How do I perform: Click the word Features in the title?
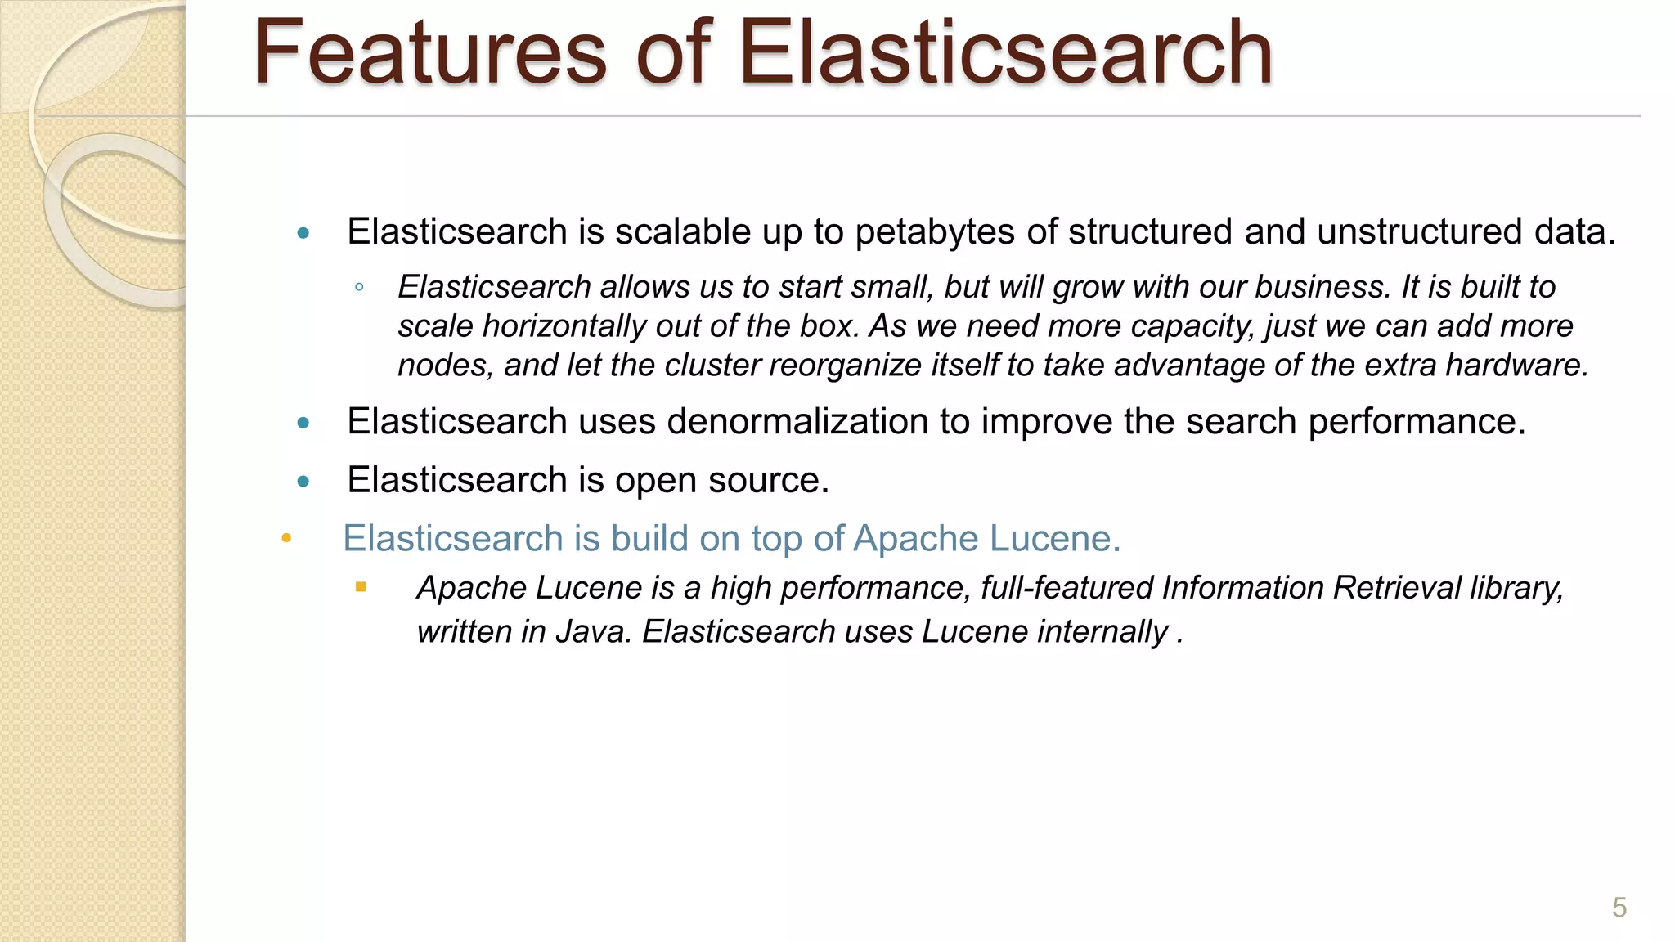(x=430, y=53)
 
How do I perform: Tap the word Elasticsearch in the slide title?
(x=1005, y=53)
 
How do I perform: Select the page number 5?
(x=1619, y=908)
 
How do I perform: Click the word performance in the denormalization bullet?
(x=1416, y=422)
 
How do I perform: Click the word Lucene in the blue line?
(x=1054, y=539)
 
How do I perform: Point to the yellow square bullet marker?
(x=361, y=587)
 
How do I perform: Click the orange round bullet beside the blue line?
(x=286, y=538)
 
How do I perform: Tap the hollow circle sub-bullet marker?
(x=359, y=287)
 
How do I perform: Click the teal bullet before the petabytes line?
(x=303, y=233)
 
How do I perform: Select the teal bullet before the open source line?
(x=303, y=481)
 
